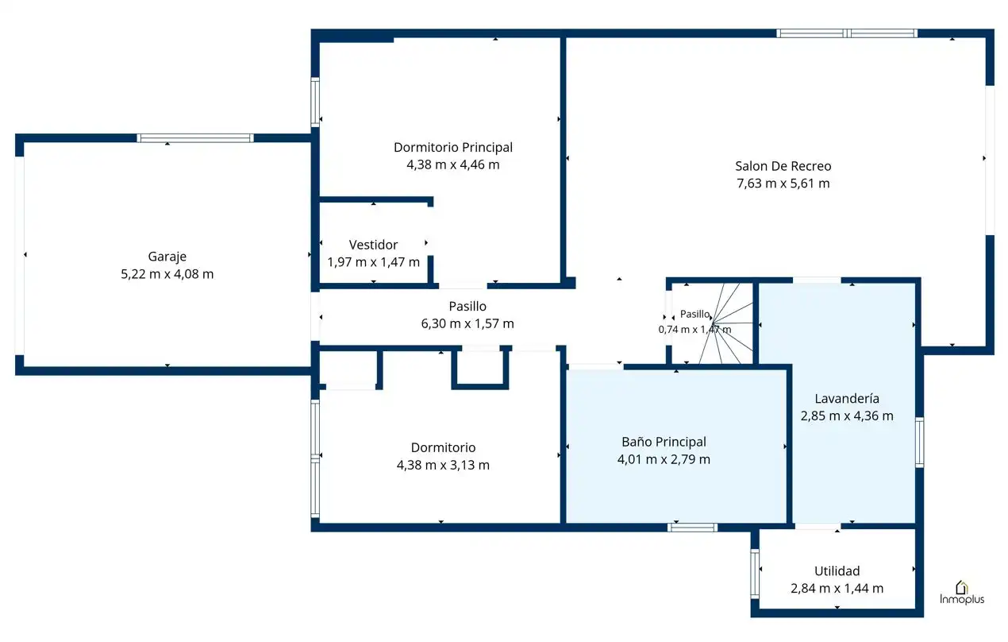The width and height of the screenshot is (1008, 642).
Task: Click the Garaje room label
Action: point(167,257)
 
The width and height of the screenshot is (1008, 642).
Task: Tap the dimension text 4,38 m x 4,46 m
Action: point(453,164)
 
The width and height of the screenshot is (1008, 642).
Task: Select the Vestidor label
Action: point(374,245)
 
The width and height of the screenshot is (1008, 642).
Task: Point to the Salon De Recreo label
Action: point(783,166)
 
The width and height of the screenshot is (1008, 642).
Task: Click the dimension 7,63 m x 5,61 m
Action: point(783,184)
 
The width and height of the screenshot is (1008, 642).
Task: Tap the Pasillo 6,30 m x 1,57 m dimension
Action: point(467,323)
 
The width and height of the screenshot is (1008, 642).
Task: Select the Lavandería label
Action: point(847,398)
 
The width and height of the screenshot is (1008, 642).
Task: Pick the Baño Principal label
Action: point(664,442)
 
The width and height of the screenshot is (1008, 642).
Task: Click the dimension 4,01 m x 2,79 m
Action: point(664,459)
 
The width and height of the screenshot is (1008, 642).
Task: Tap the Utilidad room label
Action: point(837,570)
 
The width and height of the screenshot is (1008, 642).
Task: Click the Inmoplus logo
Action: point(962,593)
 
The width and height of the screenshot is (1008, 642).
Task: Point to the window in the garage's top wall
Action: point(195,138)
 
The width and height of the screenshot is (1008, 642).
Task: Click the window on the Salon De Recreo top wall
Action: point(847,33)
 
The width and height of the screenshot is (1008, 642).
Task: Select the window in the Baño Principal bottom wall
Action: point(693,528)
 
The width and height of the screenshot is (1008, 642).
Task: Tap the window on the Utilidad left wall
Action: point(755,574)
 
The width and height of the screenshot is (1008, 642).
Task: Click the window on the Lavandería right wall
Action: point(920,442)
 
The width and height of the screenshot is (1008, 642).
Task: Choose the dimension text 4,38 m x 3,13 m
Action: point(443,465)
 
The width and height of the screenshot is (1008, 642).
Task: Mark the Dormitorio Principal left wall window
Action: point(315,102)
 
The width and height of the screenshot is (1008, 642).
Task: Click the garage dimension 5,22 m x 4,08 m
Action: point(167,274)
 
